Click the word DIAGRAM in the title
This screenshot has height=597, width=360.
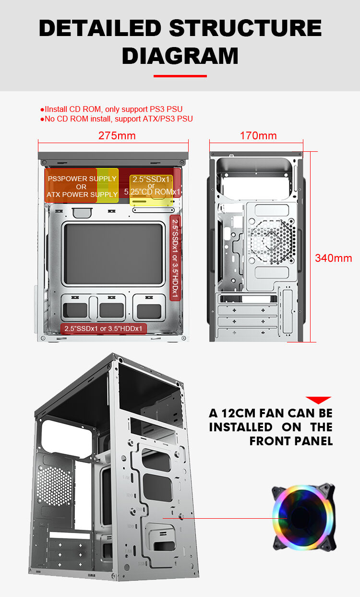pyautogui.click(x=180, y=56)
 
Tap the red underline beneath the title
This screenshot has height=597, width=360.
pyautogui.click(x=180, y=76)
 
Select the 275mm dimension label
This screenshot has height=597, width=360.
pyautogui.click(x=117, y=136)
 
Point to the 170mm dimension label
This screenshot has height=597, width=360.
pyautogui.click(x=258, y=136)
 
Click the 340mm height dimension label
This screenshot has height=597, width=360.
pyautogui.click(x=333, y=258)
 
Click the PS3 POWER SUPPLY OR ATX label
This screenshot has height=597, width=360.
pyautogui.click(x=82, y=186)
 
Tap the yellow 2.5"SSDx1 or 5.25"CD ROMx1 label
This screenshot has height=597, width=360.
pyautogui.click(x=151, y=186)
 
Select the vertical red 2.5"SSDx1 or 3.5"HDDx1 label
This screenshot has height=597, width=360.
pyautogui.click(x=175, y=257)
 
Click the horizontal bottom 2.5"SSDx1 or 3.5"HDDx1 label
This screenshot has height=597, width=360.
pyautogui.click(x=103, y=329)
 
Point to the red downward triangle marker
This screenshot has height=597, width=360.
pyautogui.click(x=318, y=400)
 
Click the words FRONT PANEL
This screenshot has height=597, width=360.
pyautogui.click(x=291, y=441)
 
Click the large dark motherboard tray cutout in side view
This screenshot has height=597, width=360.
pyautogui.click(x=113, y=254)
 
